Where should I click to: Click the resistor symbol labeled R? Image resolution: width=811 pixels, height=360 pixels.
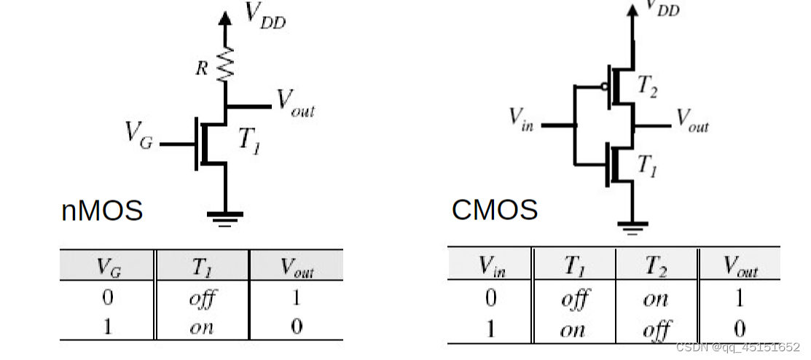[225, 65]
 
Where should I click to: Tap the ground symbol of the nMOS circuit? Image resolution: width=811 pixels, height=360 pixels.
[225, 217]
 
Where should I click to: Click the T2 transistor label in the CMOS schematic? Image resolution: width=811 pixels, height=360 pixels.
[647, 86]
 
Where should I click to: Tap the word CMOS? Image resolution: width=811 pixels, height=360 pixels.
[495, 210]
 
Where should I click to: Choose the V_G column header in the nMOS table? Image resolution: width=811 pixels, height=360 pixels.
[108, 267]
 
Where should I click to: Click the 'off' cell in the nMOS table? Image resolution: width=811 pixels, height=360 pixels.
[202, 299]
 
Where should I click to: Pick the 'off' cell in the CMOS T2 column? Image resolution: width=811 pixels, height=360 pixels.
[655, 330]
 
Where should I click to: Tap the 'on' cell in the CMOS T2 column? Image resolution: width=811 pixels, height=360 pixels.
[655, 299]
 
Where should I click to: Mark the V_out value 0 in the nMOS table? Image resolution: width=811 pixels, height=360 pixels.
[296, 326]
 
